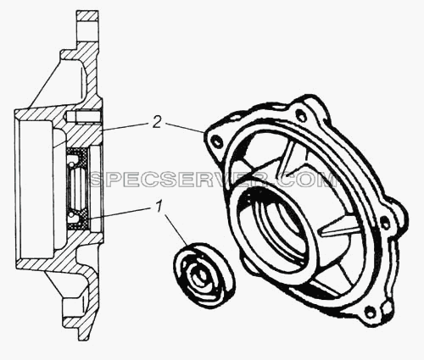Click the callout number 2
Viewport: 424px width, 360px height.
157,123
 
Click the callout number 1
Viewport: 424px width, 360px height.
159,207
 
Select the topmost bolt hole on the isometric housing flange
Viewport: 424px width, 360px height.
300,115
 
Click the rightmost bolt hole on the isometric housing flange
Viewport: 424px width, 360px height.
385,224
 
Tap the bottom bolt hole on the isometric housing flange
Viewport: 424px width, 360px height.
369,313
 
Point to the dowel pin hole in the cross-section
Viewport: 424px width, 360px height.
84,116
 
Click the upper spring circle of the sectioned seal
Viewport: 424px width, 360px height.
73,163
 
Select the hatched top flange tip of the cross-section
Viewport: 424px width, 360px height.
87,19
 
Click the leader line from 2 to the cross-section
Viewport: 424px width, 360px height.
126,126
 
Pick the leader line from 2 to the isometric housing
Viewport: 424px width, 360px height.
185,127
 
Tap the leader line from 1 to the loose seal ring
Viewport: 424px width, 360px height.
176,230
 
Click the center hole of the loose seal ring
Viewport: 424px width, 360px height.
200,277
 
